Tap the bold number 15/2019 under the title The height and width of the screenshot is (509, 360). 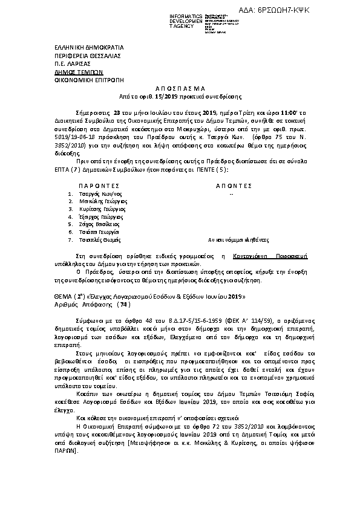[x=165, y=96]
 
